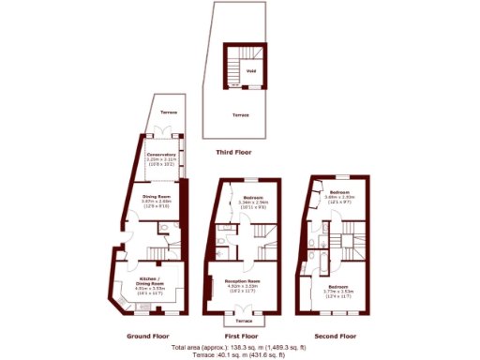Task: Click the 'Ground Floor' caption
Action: point(147,335)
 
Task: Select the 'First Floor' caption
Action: point(242,335)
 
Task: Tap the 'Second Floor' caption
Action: point(335,335)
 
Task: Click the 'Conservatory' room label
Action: point(161,156)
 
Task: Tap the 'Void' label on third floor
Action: point(250,70)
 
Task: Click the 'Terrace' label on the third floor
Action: point(241,115)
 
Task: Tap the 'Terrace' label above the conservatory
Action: point(168,112)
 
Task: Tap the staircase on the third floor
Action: point(233,67)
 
